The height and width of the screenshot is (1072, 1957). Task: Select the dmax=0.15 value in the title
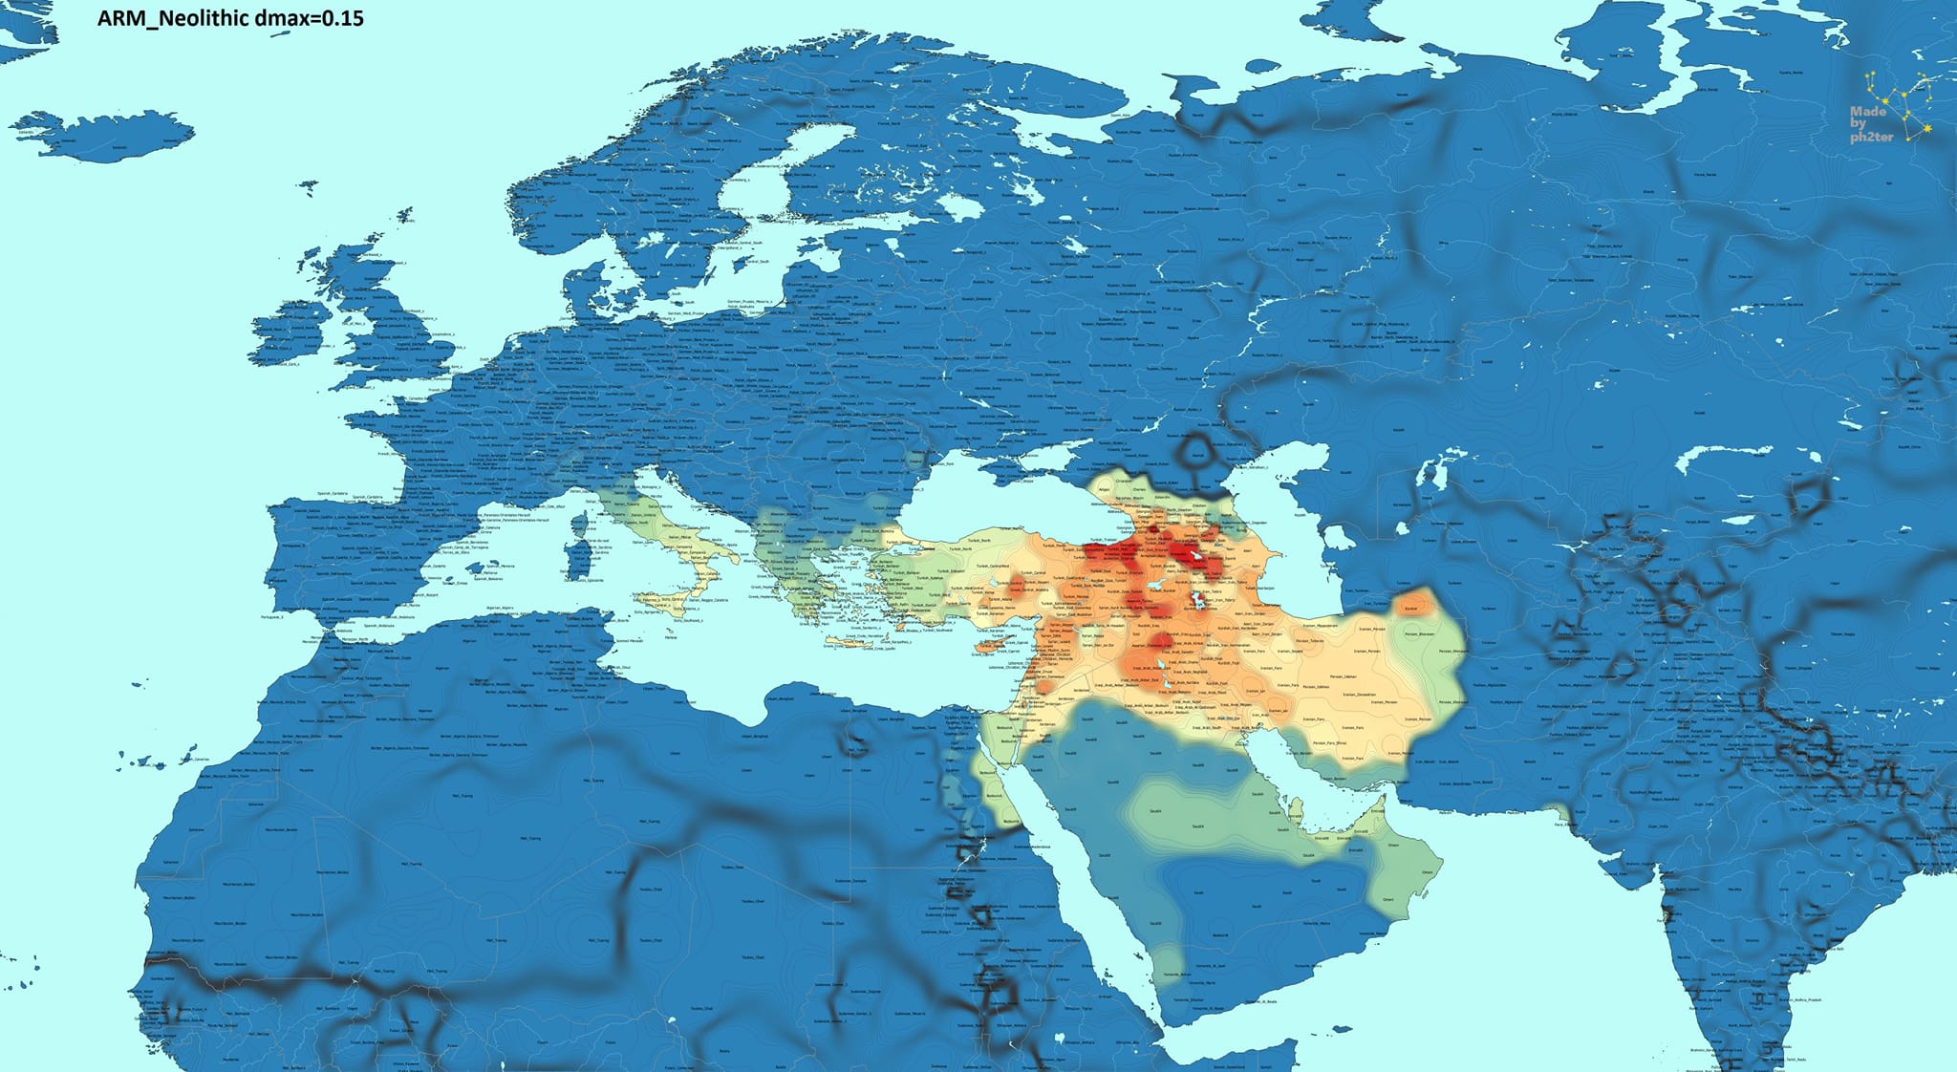click(320, 18)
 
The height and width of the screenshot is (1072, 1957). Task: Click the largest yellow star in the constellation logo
click(1927, 128)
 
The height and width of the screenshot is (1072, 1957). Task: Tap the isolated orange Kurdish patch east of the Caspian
click(1413, 605)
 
